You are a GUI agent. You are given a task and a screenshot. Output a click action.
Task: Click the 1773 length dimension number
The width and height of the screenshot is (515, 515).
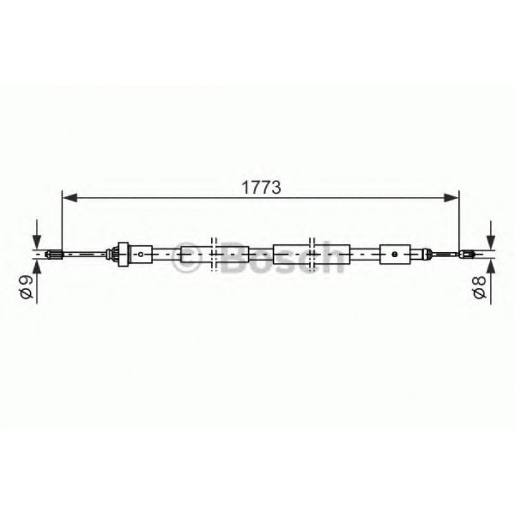tap(261, 188)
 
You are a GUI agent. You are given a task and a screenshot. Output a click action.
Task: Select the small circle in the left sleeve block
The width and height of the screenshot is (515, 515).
tap(141, 254)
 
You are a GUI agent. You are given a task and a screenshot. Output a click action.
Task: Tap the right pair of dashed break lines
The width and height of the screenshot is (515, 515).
tap(312, 254)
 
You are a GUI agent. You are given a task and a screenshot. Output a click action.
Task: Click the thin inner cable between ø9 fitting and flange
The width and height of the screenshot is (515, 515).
tap(86, 255)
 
